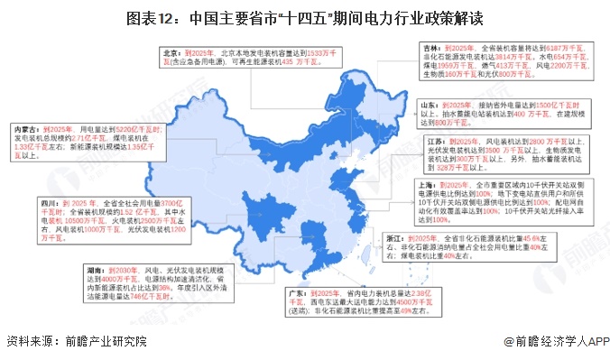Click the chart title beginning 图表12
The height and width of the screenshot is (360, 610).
[305, 17]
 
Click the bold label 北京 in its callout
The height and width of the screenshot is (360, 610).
[171, 53]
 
